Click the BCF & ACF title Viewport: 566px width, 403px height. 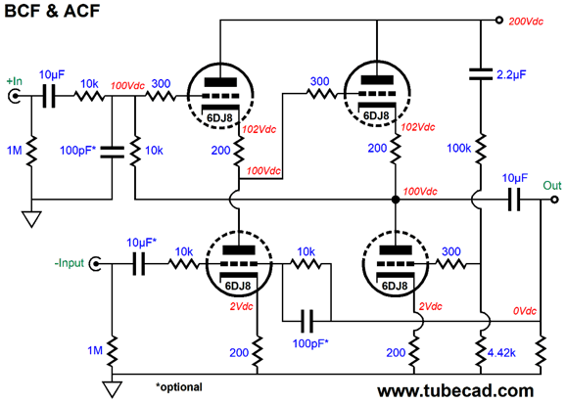point(52,11)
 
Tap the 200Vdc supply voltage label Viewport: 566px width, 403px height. point(526,22)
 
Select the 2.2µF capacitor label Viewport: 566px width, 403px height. point(511,74)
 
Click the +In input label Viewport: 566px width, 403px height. point(15,81)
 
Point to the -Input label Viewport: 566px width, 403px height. point(69,263)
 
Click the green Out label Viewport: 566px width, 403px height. point(552,186)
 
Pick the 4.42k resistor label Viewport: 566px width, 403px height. point(501,353)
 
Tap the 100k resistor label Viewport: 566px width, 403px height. point(459,148)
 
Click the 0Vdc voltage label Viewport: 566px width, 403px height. point(525,311)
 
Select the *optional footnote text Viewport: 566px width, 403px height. point(179,387)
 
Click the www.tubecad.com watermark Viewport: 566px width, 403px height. point(455,390)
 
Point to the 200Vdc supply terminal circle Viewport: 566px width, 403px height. point(498,21)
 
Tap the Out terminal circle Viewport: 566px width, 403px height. point(554,200)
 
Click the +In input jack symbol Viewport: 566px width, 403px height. point(15,96)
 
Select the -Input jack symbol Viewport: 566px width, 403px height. point(95,264)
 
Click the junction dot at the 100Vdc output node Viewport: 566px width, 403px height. point(396,200)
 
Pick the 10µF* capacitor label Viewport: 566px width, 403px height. point(141,243)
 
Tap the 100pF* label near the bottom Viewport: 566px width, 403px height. point(310,343)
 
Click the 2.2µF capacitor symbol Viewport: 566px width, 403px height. point(481,74)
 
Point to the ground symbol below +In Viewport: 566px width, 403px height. point(31,219)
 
